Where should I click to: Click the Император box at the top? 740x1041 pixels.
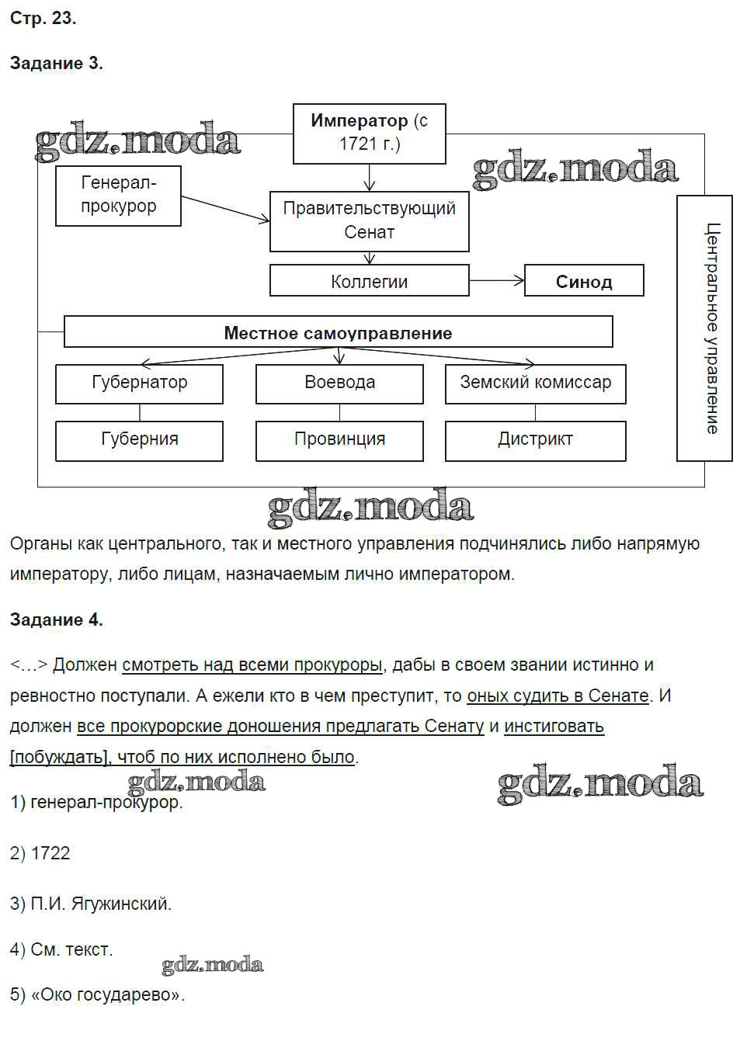tap(369, 133)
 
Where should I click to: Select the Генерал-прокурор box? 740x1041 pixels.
tap(118, 196)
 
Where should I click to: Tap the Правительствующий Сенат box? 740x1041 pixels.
tap(369, 220)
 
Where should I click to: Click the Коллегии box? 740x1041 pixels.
tap(369, 281)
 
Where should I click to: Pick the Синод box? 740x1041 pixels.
tap(584, 281)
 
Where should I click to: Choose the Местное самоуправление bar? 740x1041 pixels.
tap(338, 332)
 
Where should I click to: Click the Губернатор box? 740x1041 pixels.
tap(139, 383)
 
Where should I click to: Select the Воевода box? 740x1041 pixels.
tap(339, 383)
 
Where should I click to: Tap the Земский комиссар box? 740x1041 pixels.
tap(535, 383)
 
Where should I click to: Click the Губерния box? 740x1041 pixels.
tap(139, 440)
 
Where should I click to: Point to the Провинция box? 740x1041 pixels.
tap(339, 440)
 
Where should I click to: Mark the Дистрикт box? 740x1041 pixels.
tap(535, 440)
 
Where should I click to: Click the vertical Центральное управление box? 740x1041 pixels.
tap(704, 328)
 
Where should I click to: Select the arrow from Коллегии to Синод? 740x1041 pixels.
tap(497, 280)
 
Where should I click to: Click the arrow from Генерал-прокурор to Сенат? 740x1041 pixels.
tap(225, 210)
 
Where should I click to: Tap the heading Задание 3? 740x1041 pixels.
tap(56, 64)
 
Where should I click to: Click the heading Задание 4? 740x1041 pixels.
tap(56, 619)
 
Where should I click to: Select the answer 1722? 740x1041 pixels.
tap(50, 853)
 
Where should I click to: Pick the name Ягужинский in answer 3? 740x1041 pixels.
tap(120, 904)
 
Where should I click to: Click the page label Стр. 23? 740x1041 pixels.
tap(43, 18)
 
